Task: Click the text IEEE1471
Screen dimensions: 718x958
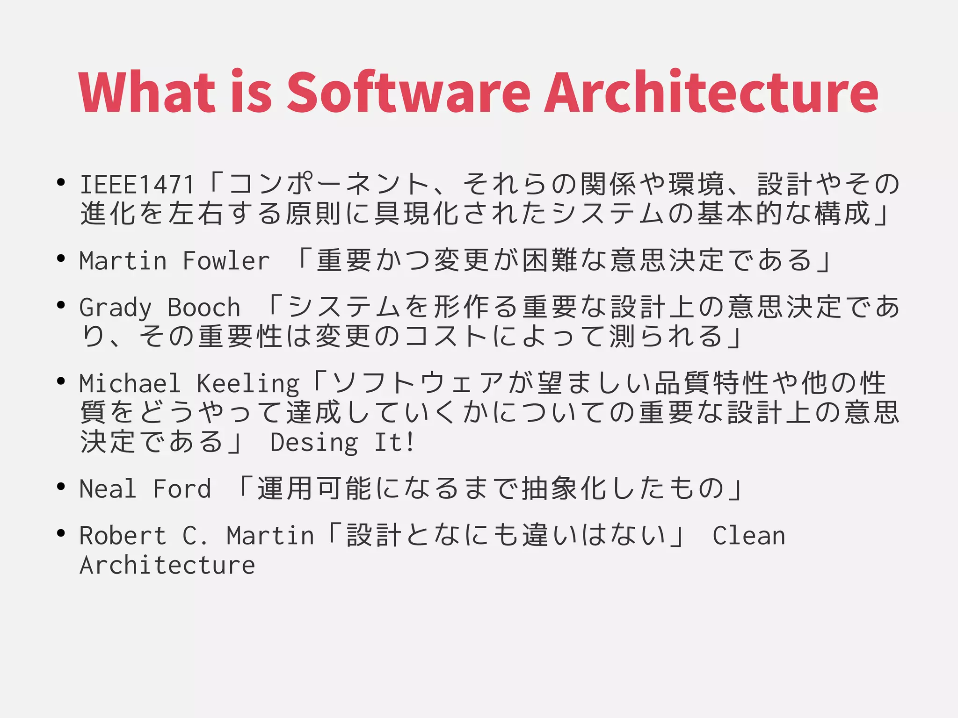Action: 137,184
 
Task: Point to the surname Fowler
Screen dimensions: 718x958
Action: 226,260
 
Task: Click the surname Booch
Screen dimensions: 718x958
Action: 204,307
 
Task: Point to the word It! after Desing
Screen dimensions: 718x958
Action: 394,442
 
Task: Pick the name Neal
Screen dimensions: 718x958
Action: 108,488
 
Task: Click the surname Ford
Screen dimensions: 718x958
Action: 182,488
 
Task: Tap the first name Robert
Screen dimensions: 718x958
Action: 123,535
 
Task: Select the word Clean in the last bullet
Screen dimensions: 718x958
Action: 748,535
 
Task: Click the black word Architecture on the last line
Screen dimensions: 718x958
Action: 167,565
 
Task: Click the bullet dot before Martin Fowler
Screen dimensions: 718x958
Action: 60,258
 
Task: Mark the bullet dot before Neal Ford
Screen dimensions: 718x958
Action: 60,487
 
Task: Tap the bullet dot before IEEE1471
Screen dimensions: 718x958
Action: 60,182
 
